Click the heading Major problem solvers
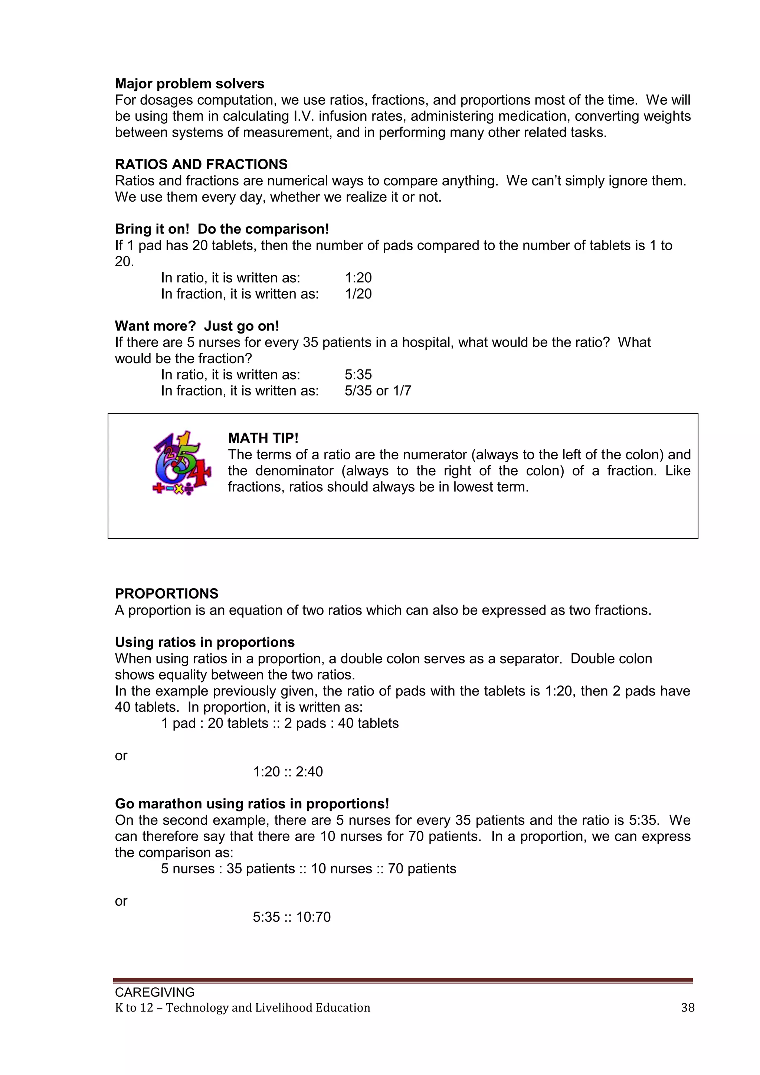[190, 84]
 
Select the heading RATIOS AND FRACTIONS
[201, 164]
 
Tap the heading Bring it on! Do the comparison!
[222, 229]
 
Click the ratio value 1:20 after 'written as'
[358, 278]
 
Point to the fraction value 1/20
[358, 294]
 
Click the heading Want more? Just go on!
[197, 326]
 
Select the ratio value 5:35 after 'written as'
[358, 375]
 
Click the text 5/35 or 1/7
[378, 391]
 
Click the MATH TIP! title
[263, 438]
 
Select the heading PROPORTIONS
[167, 594]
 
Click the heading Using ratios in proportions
[204, 642]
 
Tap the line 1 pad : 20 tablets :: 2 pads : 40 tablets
[280, 723]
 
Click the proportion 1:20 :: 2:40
[288, 772]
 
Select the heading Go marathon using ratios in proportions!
[252, 804]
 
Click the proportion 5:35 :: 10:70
[292, 917]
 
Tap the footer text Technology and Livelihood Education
[268, 1007]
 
